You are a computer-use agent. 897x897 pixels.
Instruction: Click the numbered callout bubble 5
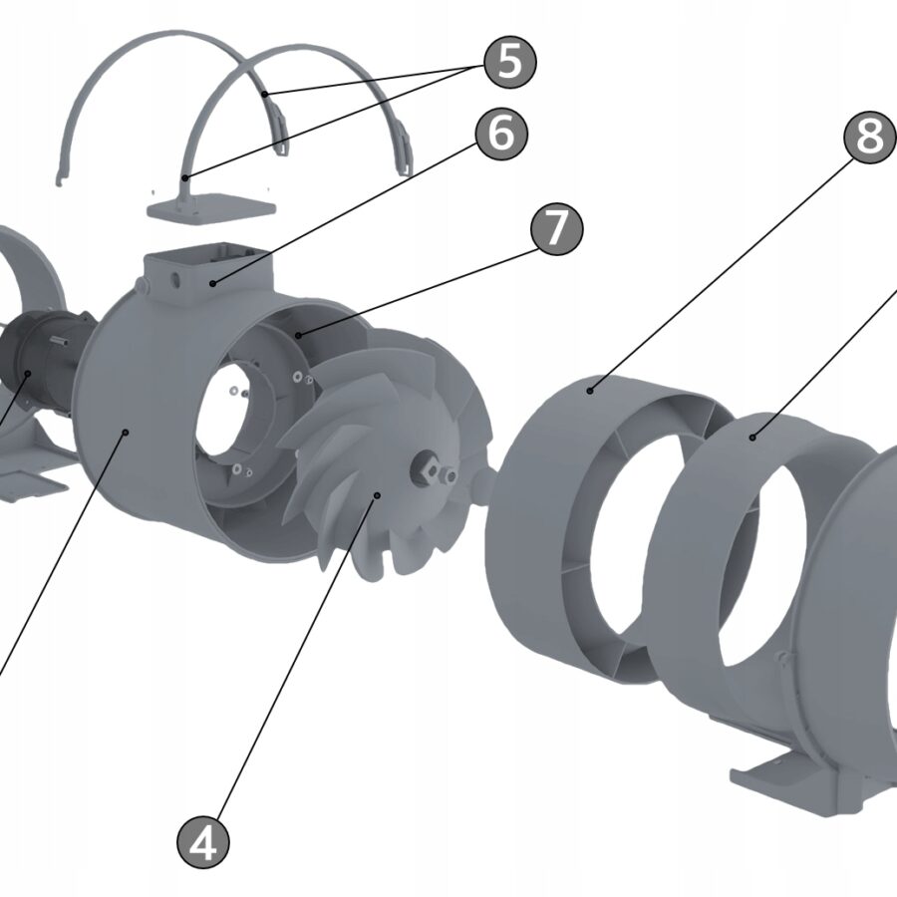coord(510,62)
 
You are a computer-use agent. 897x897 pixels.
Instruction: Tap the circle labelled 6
coord(501,134)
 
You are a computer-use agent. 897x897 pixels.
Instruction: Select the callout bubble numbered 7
coord(557,229)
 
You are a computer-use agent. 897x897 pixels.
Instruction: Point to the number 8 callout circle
coord(870,138)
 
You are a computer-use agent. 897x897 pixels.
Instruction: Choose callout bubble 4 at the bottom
coord(203,842)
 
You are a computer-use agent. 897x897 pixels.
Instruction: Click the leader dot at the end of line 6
coord(212,283)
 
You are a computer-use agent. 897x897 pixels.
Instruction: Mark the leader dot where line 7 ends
coord(298,335)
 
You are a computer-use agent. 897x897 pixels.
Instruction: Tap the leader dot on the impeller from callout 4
coord(377,495)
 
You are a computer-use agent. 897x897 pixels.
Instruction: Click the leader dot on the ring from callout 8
coord(590,391)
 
